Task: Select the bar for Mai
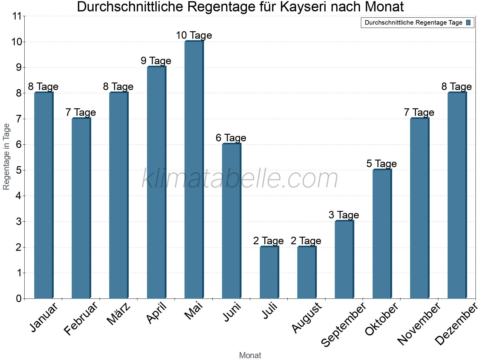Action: click(194, 170)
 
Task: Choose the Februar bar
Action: click(81, 208)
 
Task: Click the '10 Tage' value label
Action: click(194, 35)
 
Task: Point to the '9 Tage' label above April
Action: click(156, 61)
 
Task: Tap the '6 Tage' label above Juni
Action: click(231, 138)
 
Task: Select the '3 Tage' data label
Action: click(344, 215)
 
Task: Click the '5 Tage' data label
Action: click(382, 164)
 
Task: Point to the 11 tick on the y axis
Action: click(17, 16)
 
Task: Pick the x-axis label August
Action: click(307, 318)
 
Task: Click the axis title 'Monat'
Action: click(250, 355)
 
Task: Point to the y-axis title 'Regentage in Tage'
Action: click(7, 157)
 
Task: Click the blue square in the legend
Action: click(469, 22)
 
